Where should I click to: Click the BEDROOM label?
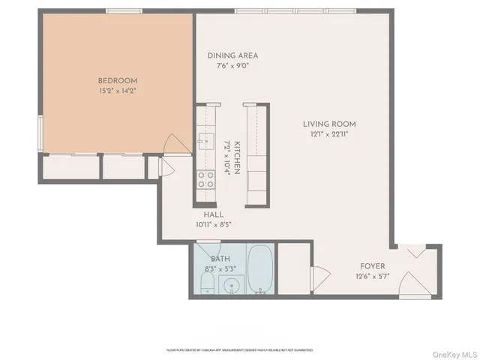(x=118, y=80)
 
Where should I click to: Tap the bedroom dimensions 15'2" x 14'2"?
(x=118, y=91)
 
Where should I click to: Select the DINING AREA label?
(x=233, y=55)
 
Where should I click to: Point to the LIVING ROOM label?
(x=329, y=124)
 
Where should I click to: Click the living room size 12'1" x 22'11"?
(x=329, y=134)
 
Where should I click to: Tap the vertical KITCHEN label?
(x=235, y=157)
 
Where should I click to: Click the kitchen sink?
(x=202, y=139)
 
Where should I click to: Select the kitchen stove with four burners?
(x=204, y=179)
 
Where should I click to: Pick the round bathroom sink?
(x=232, y=285)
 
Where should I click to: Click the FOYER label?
(x=373, y=265)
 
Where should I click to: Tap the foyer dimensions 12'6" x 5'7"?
(x=373, y=276)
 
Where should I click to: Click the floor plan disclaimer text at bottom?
(x=240, y=350)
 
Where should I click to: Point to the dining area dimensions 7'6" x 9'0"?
(x=233, y=66)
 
